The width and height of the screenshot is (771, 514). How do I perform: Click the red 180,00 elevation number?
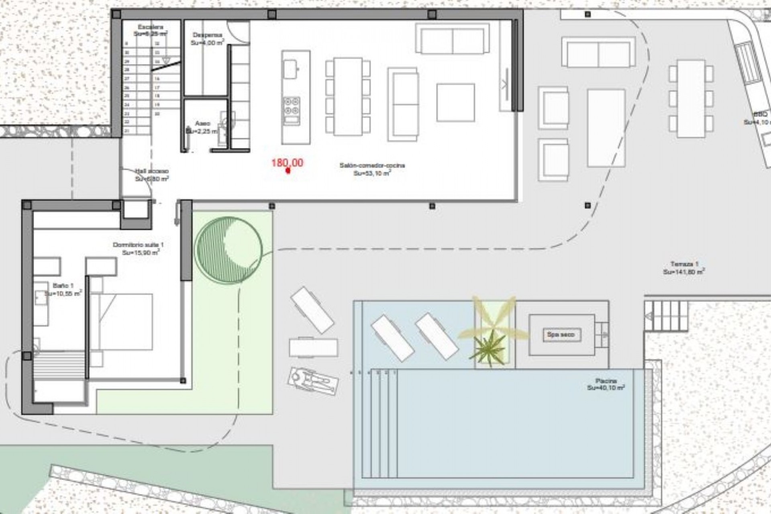tap(287, 163)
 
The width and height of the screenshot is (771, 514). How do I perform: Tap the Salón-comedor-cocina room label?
tap(372, 165)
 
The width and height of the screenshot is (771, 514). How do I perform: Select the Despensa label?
tap(207, 35)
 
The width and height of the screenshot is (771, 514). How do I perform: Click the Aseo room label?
tap(202, 123)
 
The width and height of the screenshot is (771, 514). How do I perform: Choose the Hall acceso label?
tap(152, 171)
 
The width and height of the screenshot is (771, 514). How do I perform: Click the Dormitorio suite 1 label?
tap(138, 245)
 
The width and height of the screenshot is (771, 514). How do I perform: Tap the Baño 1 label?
tap(63, 286)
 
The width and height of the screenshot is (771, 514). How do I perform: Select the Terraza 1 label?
tap(684, 264)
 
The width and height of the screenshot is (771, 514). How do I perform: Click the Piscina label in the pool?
tap(606, 381)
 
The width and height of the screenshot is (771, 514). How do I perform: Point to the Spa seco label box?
tap(561, 335)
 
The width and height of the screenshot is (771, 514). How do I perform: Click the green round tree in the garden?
tap(228, 250)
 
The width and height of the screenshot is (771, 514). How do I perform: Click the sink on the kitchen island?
tap(290, 69)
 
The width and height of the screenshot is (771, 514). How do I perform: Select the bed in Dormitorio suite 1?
tap(122, 322)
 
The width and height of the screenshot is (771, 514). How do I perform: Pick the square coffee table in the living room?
tap(455, 102)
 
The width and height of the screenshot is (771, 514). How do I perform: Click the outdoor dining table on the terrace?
tap(691, 99)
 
